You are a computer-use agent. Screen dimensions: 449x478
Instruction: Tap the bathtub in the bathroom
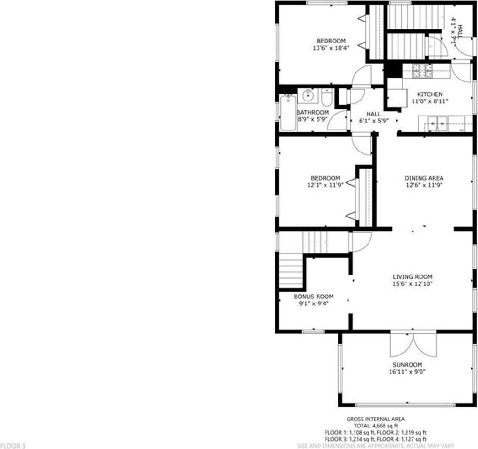287,113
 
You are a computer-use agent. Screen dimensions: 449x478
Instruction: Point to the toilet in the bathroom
326,97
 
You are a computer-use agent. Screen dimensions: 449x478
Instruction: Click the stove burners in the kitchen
423,71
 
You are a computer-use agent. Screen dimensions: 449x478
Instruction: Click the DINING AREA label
424,178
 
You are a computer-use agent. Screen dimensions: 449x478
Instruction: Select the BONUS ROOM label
313,297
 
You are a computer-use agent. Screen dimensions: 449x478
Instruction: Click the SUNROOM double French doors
413,345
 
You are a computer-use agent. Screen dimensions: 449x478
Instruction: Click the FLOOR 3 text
13,446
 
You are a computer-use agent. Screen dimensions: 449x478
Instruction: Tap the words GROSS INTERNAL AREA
376,419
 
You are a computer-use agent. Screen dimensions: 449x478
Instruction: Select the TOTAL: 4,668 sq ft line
376,426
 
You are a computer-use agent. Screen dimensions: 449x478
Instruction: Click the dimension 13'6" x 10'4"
330,48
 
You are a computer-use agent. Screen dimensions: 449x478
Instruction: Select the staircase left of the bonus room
291,270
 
